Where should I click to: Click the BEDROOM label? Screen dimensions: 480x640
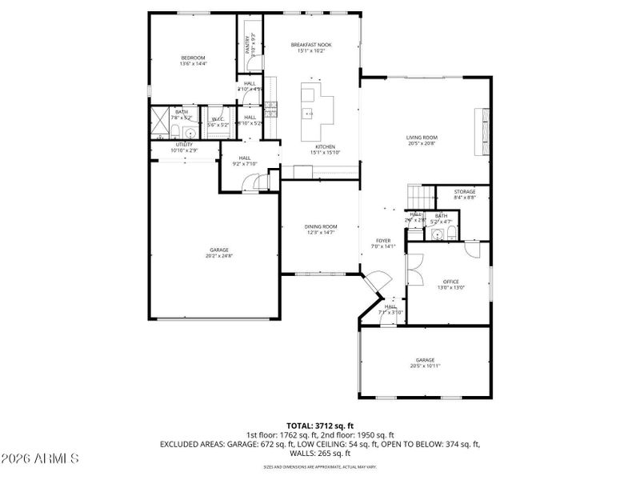[193, 58]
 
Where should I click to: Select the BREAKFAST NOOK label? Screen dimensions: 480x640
[311, 45]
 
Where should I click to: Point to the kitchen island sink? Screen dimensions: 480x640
[308, 114]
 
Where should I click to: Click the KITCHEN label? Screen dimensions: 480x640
[324, 147]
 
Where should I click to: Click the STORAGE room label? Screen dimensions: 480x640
[465, 192]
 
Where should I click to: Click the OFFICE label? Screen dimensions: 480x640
[451, 282]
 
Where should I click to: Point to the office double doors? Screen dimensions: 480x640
[415, 270]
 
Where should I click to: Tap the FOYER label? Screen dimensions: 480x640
[383, 241]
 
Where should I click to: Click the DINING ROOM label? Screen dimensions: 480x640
[320, 226]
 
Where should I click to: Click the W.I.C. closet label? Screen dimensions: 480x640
[218, 119]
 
